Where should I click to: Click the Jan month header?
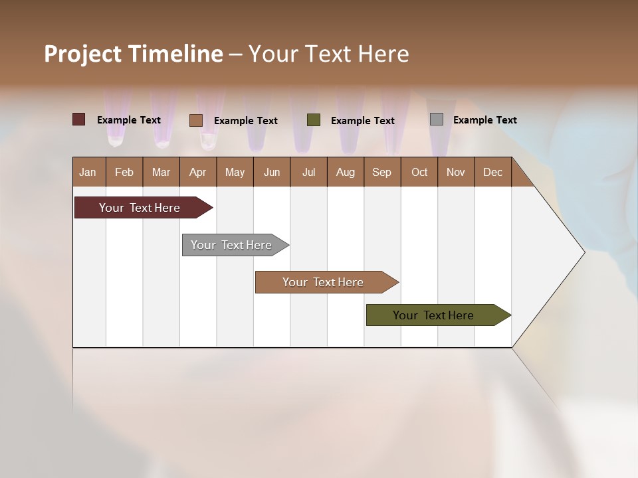click(x=88, y=172)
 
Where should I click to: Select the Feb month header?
click(x=124, y=172)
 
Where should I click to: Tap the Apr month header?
click(x=197, y=172)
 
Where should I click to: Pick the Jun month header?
click(x=271, y=172)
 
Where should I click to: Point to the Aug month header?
click(x=345, y=172)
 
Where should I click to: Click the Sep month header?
click(x=381, y=172)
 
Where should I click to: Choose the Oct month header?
click(x=419, y=172)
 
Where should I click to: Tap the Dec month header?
click(x=492, y=172)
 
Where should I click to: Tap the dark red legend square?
click(x=79, y=119)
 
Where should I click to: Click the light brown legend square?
click(x=195, y=120)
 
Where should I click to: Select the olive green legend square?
click(x=314, y=120)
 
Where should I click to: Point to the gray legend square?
click(x=437, y=119)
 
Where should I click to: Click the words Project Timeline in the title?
click(x=133, y=54)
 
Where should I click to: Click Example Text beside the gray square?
click(x=484, y=120)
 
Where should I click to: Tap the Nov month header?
click(x=455, y=172)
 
